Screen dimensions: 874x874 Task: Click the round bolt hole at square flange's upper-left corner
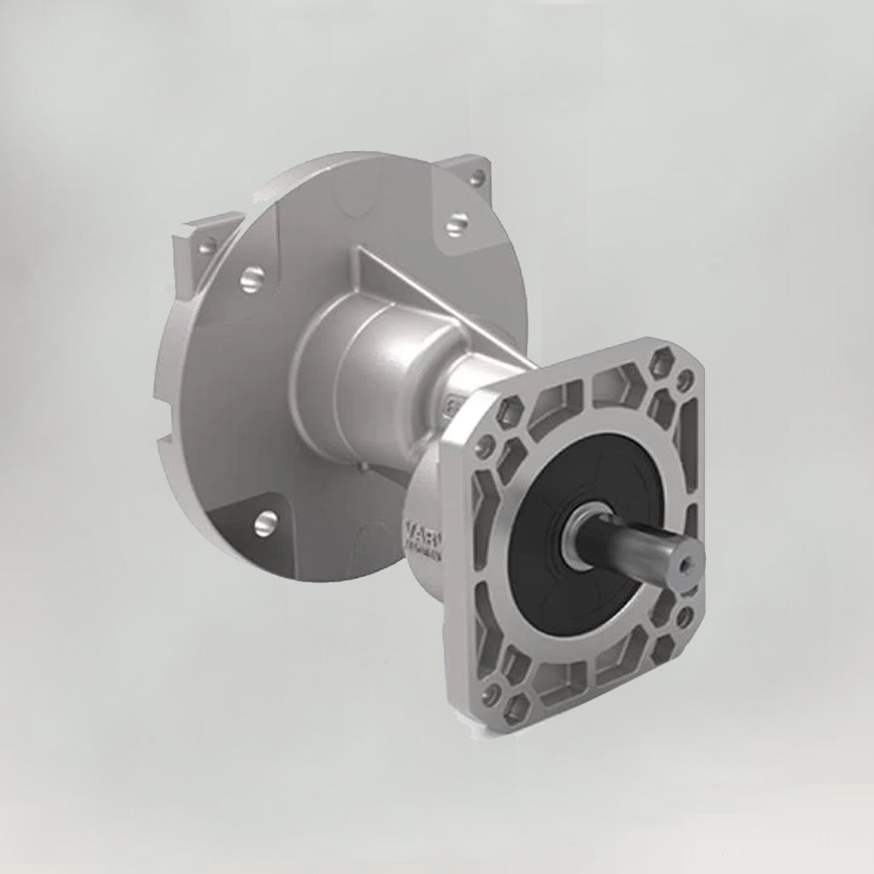coord(487,445)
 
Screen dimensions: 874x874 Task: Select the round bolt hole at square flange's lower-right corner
coord(684,613)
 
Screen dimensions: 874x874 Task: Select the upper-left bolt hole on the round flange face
coord(253,277)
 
